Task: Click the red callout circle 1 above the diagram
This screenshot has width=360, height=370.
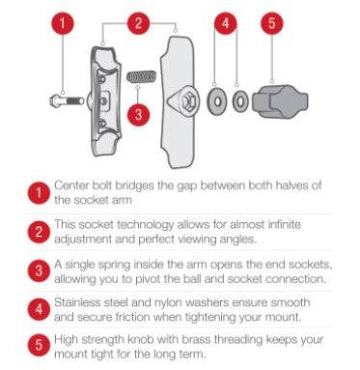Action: tap(63, 23)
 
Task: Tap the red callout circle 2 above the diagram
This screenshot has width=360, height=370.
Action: tap(138, 23)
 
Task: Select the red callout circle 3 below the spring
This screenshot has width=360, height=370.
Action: tap(138, 114)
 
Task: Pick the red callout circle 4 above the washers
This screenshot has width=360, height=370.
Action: tap(226, 23)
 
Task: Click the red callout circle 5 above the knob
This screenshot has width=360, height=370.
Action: tap(272, 23)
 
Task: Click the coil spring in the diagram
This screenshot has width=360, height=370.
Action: tap(142, 76)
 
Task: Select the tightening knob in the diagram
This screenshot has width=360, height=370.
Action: tap(280, 101)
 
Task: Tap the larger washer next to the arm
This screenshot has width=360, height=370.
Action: tap(217, 101)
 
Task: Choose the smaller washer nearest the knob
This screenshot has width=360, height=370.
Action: tap(240, 101)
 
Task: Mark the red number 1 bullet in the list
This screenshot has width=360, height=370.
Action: tap(39, 193)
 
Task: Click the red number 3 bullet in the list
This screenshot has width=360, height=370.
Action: tap(39, 270)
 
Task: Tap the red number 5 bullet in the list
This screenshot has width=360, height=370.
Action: tap(39, 345)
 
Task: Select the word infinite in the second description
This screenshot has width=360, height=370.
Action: tap(285, 224)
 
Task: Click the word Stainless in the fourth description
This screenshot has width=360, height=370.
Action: tap(76, 302)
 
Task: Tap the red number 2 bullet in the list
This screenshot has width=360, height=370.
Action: tap(39, 232)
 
